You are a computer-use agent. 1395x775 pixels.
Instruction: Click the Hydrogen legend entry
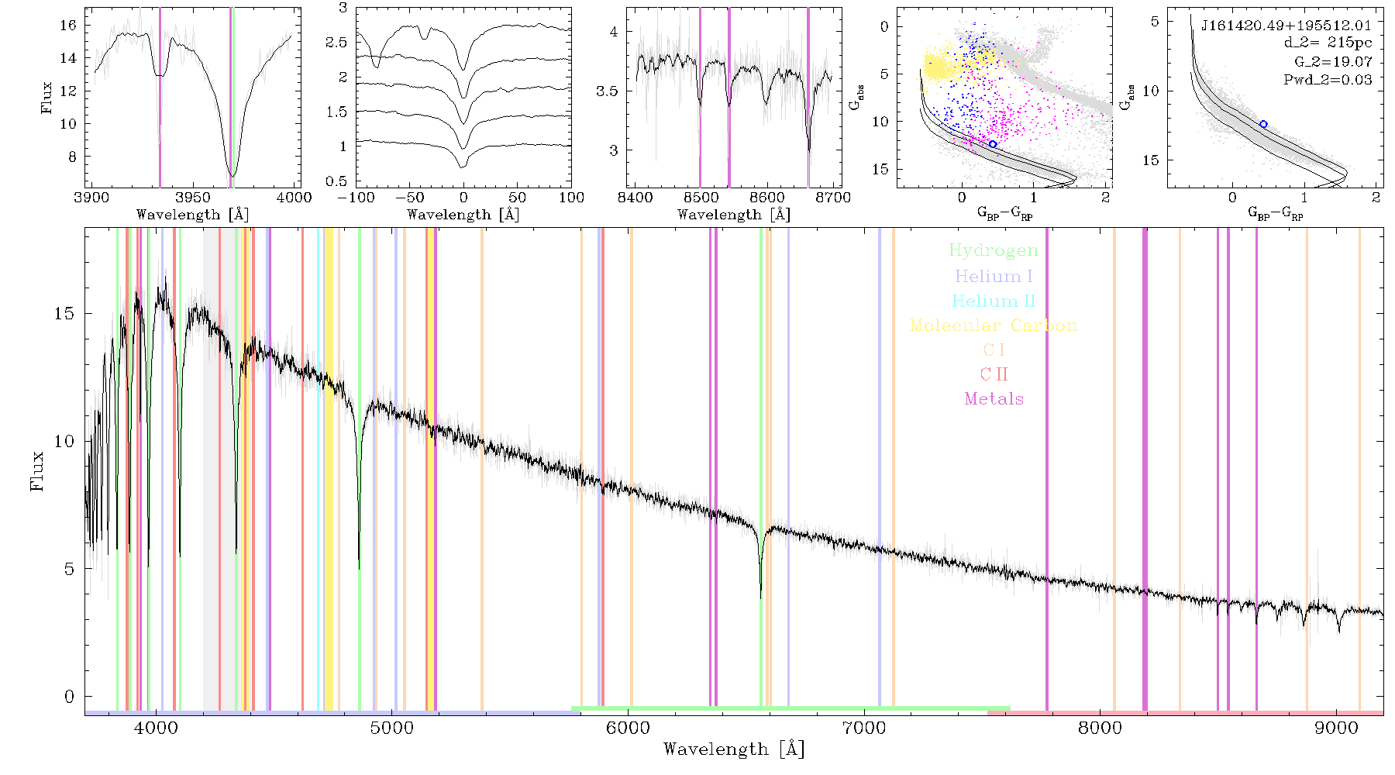[x=994, y=250]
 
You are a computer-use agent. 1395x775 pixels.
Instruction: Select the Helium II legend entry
[x=994, y=301]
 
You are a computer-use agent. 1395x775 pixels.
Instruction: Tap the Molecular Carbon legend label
[x=994, y=325]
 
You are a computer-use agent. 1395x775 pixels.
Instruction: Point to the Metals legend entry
[x=994, y=399]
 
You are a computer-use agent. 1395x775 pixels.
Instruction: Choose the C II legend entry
[x=994, y=374]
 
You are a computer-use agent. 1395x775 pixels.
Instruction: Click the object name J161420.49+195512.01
[x=1286, y=26]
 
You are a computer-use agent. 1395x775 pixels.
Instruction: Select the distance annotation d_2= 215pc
[x=1328, y=43]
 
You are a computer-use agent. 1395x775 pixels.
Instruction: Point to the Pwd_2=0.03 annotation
[x=1328, y=80]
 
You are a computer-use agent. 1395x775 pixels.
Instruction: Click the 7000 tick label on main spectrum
[x=864, y=728]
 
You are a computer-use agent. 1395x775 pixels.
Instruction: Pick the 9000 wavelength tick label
[x=1336, y=728]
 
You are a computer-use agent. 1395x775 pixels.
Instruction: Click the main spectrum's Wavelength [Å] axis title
[x=734, y=749]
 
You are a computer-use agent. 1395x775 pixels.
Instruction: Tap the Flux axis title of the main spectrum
[x=36, y=470]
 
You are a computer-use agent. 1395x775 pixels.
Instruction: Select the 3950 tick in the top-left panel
[x=193, y=198]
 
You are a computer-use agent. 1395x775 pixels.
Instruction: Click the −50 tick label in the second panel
[x=409, y=198]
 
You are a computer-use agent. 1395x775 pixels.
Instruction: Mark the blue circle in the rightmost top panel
[x=1263, y=124]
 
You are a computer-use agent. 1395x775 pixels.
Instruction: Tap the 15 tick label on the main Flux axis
[x=64, y=314]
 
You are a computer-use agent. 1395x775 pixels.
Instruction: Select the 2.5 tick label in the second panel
[x=336, y=43]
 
